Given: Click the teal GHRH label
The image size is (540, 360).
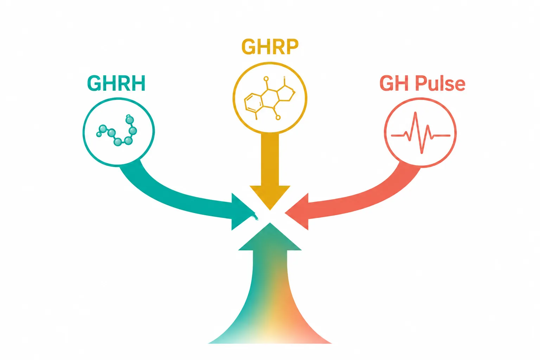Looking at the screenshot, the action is pos(116,83).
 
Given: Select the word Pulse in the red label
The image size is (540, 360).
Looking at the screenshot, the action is pos(440,83).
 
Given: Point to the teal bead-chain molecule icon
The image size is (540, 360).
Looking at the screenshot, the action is pos(118,130).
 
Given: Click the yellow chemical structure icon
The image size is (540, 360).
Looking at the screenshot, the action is pos(270,98).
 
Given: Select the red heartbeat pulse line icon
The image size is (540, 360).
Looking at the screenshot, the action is pos(420,133).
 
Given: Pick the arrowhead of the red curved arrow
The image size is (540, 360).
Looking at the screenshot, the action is pos(297,212).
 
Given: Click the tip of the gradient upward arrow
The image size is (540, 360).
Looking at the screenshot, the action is pos(270,223).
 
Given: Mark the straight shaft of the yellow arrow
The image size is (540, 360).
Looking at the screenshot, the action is pos(270,159).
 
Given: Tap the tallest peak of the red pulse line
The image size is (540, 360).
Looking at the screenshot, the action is pos(415,112).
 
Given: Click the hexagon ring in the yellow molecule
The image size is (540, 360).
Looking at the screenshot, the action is pos(253,102).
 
